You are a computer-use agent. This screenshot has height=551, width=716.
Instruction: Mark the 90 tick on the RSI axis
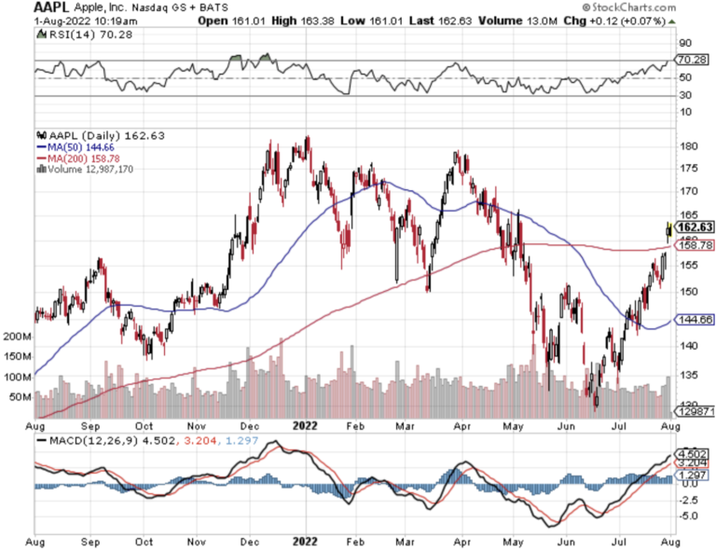tap(683, 43)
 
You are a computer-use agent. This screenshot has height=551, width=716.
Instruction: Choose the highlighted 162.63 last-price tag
tap(695, 227)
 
